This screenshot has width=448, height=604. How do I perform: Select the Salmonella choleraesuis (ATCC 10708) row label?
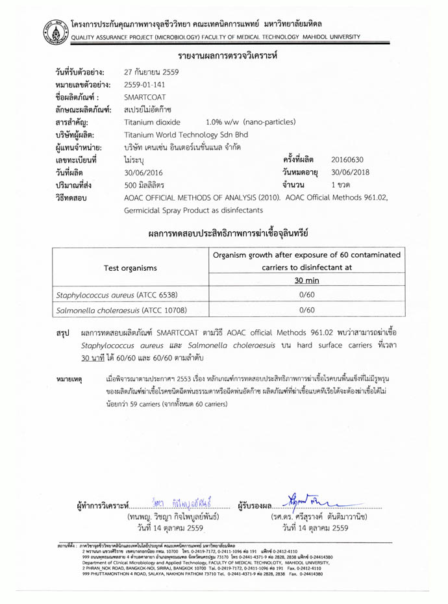pyautogui.click(x=115, y=311)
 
